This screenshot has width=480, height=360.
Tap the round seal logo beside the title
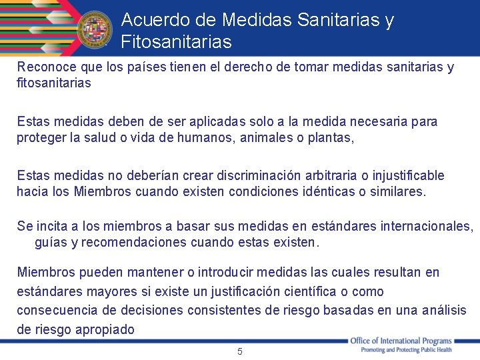tap(95, 30)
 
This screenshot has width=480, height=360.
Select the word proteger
tap(40, 138)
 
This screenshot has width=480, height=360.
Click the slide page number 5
tap(240, 351)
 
